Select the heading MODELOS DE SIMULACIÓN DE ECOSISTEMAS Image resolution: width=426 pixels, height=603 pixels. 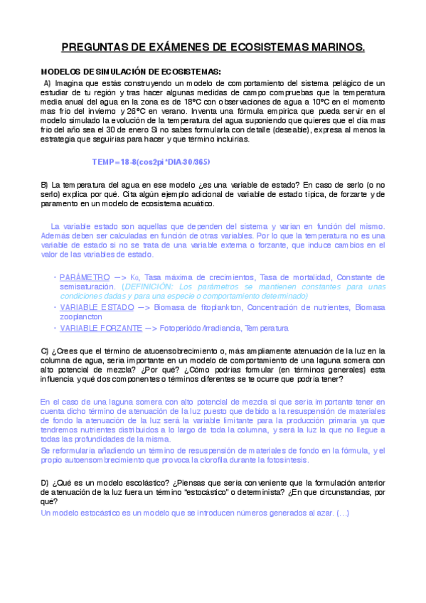[131, 71]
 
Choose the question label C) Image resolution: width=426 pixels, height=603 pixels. [45, 351]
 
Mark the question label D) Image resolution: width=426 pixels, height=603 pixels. [45, 483]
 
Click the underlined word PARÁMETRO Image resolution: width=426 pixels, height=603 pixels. [85, 277]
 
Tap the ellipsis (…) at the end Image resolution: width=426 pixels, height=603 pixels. [343, 513]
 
